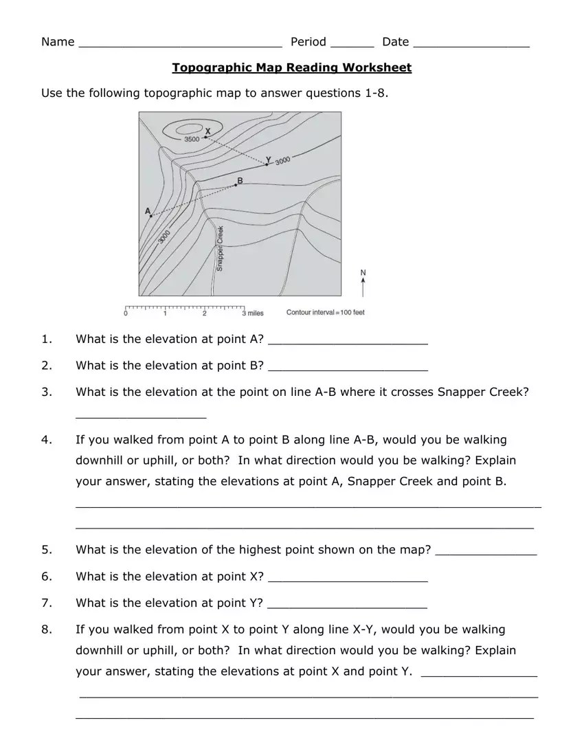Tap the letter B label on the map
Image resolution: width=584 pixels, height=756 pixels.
click(239, 181)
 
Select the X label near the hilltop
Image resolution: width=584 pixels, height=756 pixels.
click(208, 131)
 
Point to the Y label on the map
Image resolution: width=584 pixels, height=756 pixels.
click(269, 159)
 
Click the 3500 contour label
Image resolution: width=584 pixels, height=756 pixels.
click(192, 139)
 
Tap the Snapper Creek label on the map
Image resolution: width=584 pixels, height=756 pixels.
click(220, 247)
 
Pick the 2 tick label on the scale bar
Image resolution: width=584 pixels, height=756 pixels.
click(205, 313)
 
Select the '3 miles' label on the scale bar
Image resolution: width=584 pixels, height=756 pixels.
click(252, 313)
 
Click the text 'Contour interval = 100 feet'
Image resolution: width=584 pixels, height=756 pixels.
click(325, 313)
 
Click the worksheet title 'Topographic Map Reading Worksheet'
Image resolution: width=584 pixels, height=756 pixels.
click(291, 67)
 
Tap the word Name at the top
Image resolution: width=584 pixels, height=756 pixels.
click(58, 42)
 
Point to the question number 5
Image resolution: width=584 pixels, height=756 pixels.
click(45, 550)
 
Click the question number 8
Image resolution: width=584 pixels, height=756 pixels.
click(45, 630)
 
